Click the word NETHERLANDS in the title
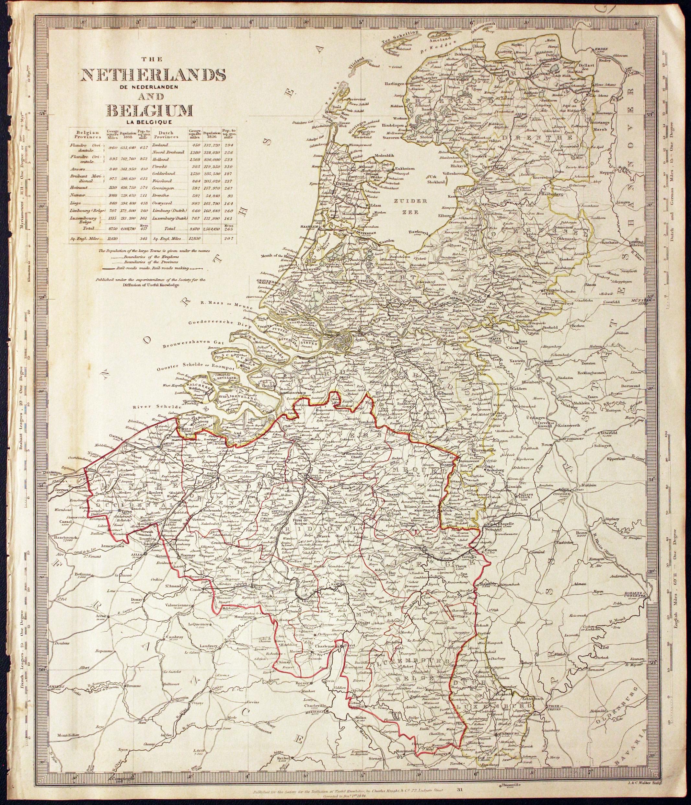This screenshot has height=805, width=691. click(152, 75)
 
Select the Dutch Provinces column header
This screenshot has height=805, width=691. click(166, 134)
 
